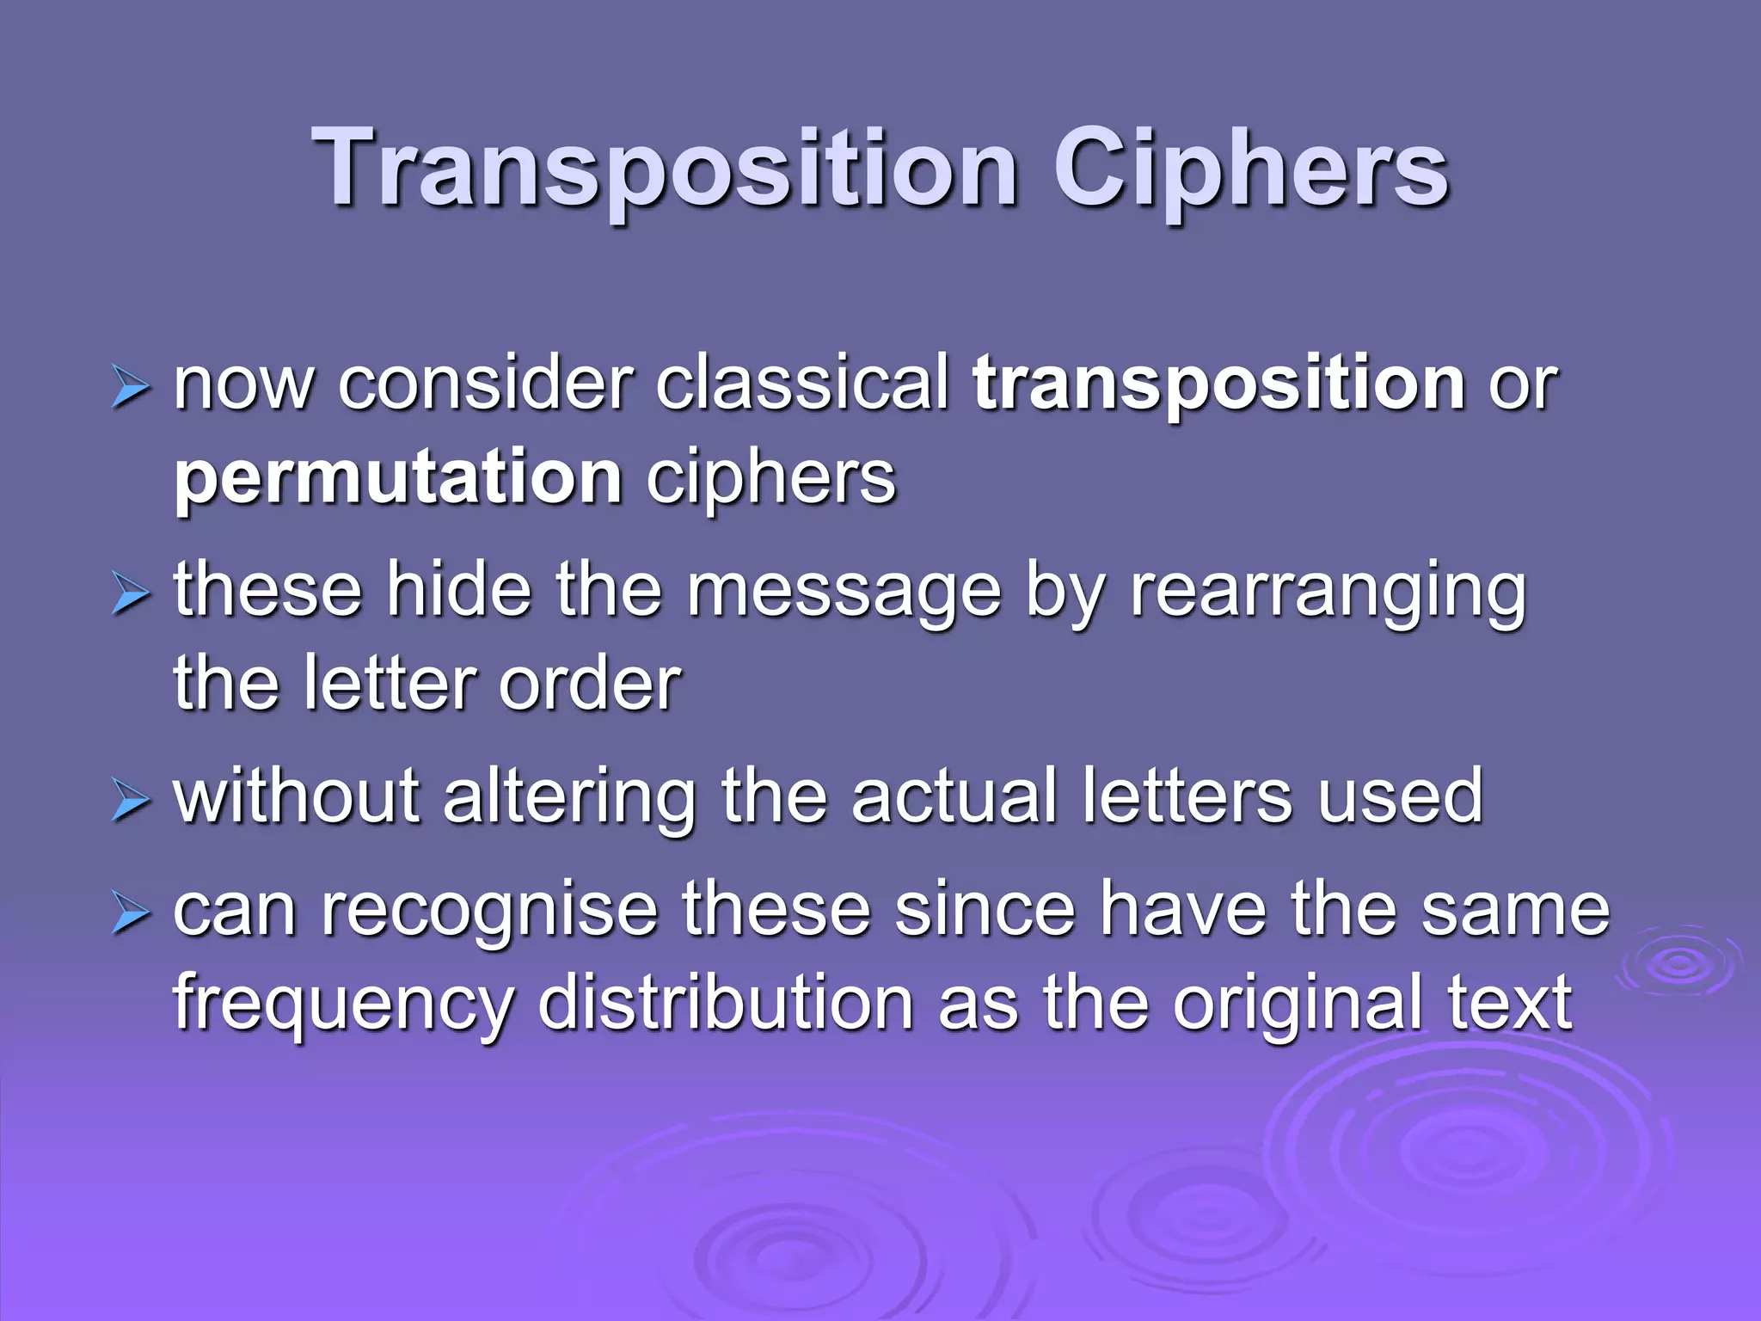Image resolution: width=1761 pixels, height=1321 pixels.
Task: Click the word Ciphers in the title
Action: (1251, 169)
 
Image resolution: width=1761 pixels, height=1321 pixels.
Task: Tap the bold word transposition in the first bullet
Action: (1218, 384)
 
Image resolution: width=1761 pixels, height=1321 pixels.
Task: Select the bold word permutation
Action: (398, 478)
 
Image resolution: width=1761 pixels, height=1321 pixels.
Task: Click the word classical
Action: (802, 384)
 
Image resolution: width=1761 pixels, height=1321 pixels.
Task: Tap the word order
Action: (590, 685)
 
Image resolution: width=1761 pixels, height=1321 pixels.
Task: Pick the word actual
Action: (954, 797)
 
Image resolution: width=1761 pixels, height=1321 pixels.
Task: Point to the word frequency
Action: (343, 1005)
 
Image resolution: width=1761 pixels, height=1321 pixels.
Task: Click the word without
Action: (297, 797)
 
